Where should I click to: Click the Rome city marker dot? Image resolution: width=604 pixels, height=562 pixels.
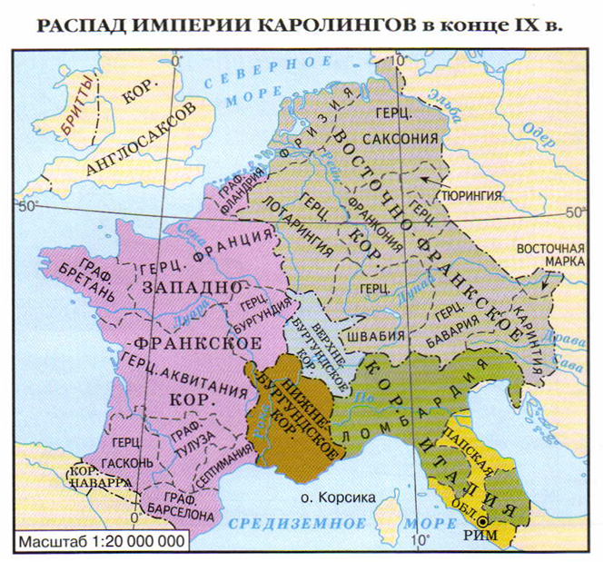click(484, 520)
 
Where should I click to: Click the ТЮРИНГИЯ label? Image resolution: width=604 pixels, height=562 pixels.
click(470, 193)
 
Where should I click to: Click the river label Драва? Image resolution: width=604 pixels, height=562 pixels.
click(577, 344)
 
